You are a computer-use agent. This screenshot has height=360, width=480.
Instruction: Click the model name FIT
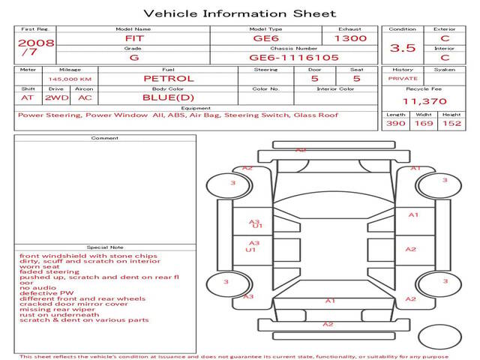tap(133, 38)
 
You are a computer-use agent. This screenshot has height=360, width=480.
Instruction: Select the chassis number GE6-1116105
tap(294, 57)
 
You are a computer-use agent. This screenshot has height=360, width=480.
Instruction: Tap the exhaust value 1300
tap(349, 38)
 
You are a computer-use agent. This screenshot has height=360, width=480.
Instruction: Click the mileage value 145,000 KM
tap(70, 79)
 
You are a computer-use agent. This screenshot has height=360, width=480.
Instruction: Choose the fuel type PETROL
tap(168, 78)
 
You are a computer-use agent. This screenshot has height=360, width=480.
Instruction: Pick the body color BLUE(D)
tap(168, 97)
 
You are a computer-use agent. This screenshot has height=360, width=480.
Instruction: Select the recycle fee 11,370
tap(424, 101)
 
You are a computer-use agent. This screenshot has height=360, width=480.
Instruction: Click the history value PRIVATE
tap(403, 78)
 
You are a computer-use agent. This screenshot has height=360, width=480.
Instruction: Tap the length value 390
tap(395, 123)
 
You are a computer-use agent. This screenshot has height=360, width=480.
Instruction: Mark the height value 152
tap(451, 123)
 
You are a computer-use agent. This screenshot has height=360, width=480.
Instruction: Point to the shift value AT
tap(28, 97)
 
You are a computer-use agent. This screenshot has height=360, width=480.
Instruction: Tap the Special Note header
tap(104, 247)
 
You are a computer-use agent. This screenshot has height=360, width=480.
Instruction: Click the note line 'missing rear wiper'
tap(57, 309)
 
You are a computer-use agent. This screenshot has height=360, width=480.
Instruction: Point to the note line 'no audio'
tap(37, 288)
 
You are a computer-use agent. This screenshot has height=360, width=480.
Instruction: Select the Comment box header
tap(104, 138)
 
